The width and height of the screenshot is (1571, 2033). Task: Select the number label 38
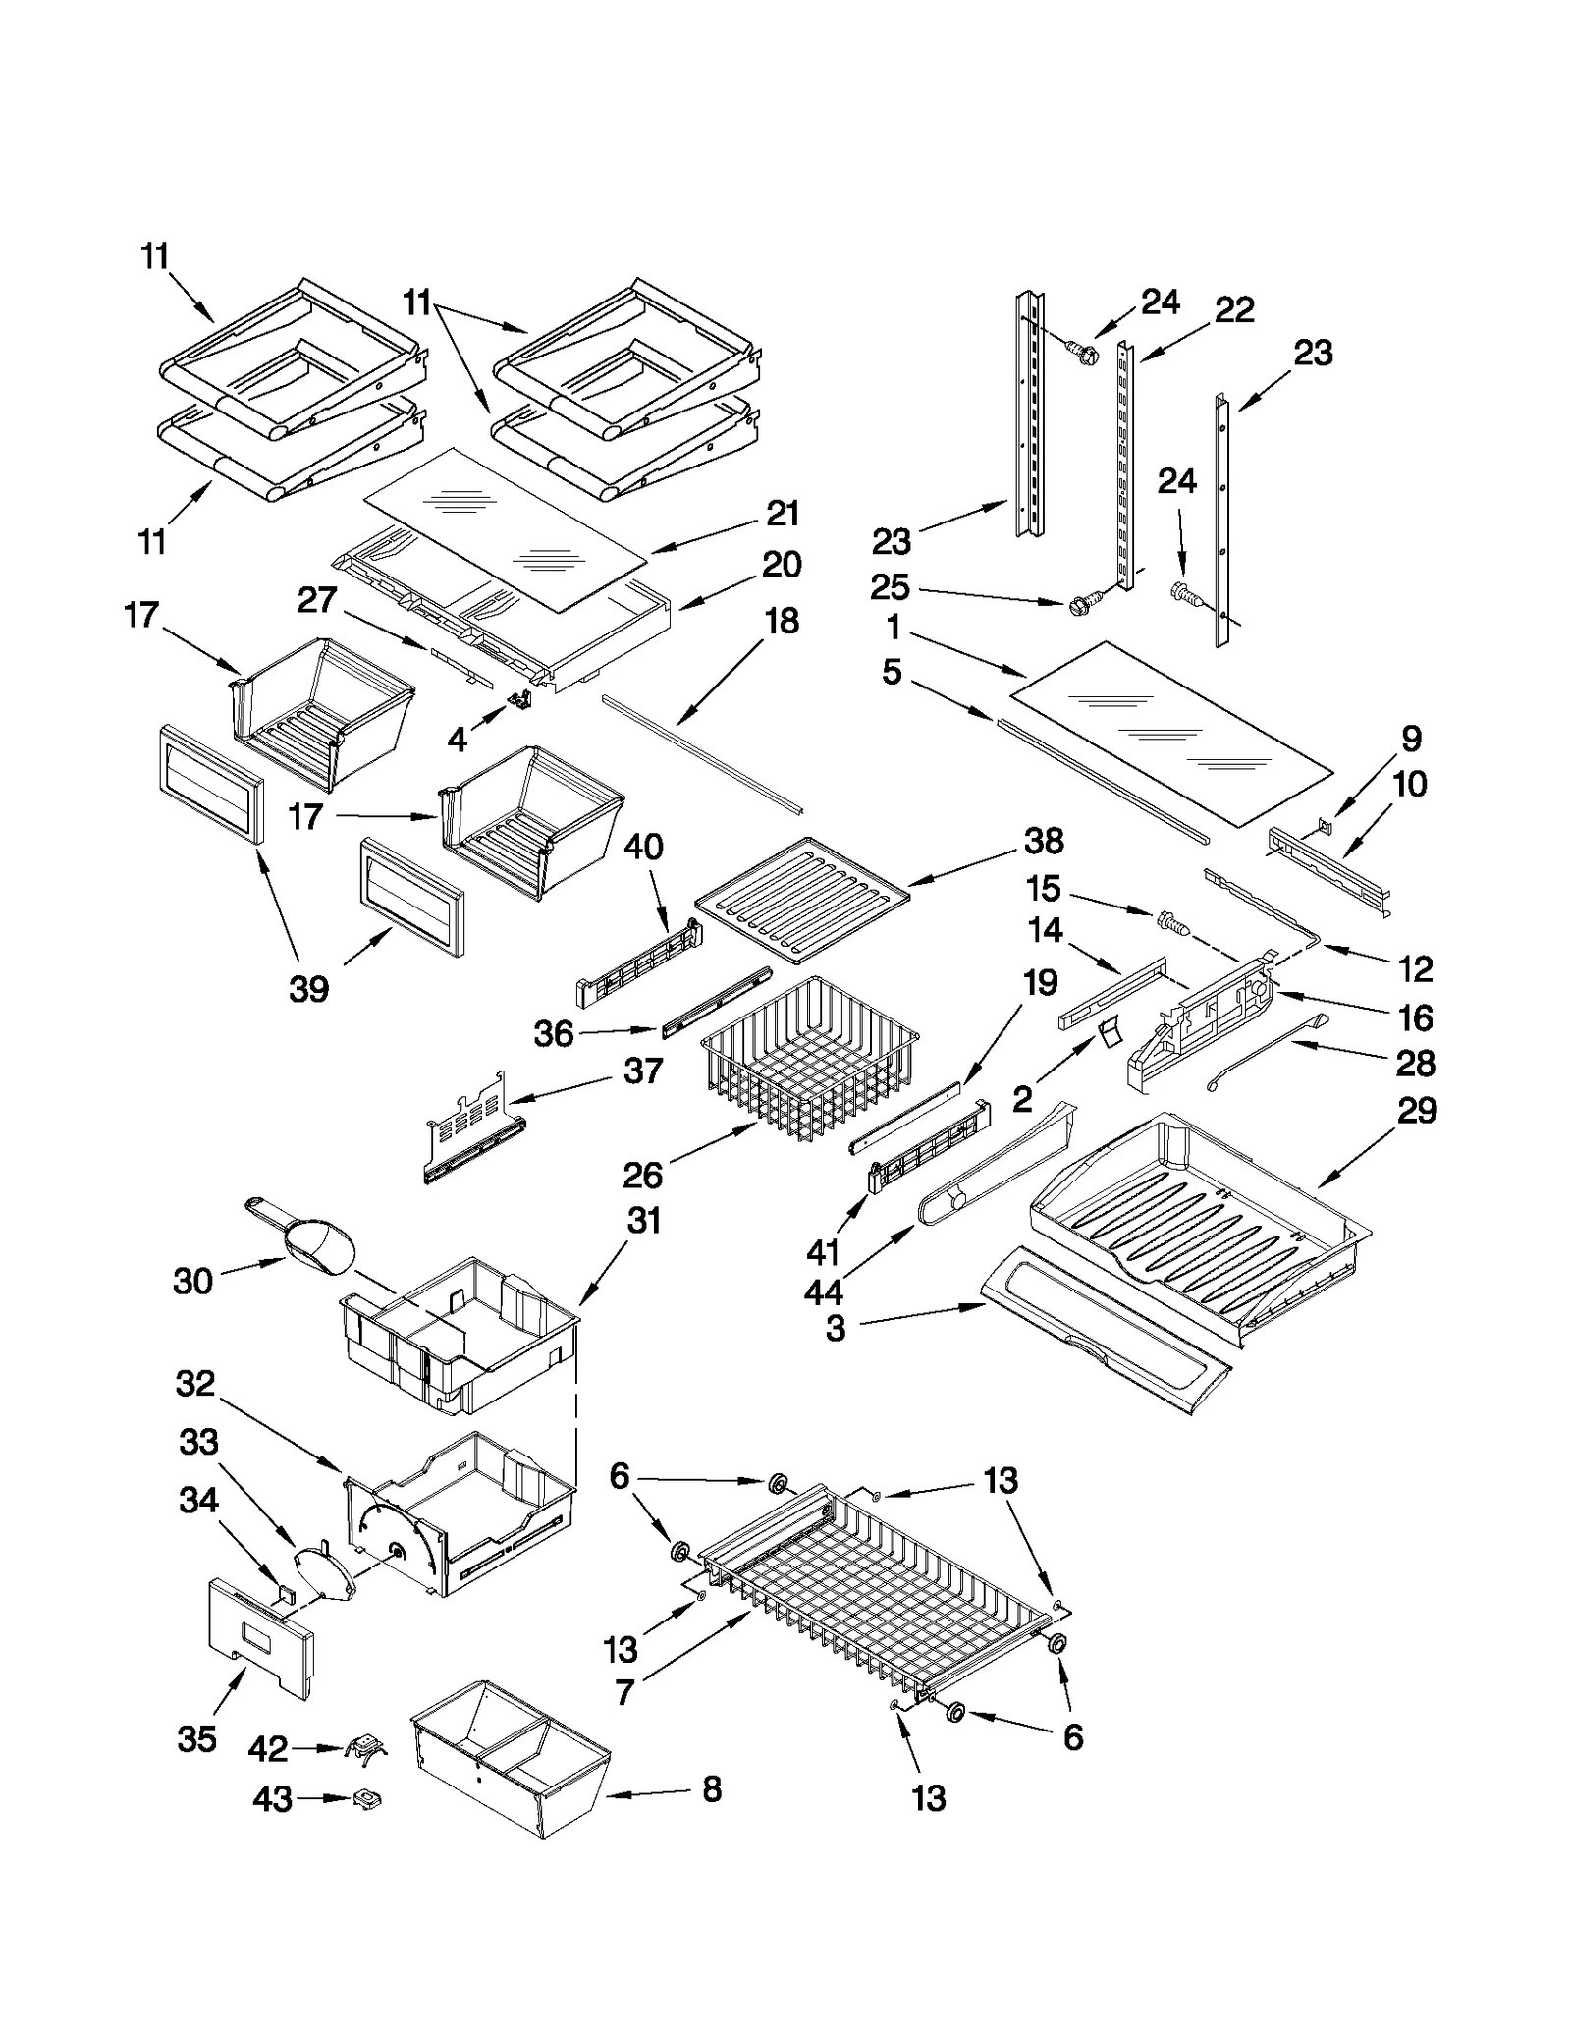coord(1044,841)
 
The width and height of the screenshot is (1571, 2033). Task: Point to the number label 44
coord(823,1292)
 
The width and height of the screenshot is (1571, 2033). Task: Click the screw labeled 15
coord(1169,921)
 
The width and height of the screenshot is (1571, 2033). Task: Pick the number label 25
coord(891,587)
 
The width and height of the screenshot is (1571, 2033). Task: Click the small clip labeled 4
coord(518,698)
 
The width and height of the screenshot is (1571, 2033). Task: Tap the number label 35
coord(196,1738)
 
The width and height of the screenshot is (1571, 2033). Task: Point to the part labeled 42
coord(364,1747)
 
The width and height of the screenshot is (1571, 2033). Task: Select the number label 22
coord(1234,309)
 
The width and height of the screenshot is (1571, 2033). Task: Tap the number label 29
coord(1416,1111)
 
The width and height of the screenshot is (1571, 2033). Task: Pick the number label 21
coord(783,513)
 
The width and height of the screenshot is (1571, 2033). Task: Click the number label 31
coord(644,1221)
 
